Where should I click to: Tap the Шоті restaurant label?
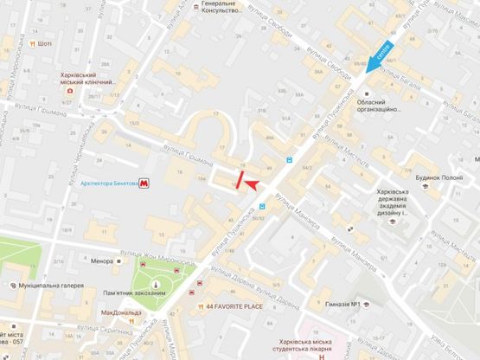click(45, 43)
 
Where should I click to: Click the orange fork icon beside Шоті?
click(32, 43)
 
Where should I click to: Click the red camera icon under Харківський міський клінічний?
click(70, 89)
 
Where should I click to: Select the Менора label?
click(101, 258)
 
